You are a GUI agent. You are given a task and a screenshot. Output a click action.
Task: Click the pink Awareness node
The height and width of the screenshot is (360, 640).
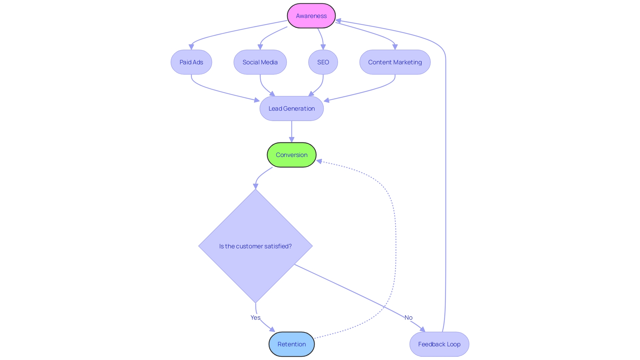click(311, 16)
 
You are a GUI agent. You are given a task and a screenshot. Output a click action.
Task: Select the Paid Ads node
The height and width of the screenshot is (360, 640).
click(191, 62)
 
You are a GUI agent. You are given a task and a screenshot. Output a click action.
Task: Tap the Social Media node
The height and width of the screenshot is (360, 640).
click(260, 62)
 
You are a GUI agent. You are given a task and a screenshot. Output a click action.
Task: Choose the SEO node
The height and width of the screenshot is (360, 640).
click(323, 62)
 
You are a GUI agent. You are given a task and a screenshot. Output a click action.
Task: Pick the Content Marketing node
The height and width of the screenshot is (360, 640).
click(395, 62)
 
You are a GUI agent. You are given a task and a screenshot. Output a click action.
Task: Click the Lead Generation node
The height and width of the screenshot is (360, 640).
click(291, 108)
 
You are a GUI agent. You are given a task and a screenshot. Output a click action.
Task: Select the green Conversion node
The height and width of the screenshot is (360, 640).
click(291, 155)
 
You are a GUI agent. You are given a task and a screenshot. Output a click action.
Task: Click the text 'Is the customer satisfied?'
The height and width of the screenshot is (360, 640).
click(255, 246)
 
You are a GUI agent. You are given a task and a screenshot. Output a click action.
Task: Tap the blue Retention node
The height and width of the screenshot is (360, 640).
click(291, 344)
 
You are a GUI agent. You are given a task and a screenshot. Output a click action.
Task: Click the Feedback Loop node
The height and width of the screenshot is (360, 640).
click(439, 344)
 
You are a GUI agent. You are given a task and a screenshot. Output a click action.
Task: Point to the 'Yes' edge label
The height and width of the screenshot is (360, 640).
click(255, 317)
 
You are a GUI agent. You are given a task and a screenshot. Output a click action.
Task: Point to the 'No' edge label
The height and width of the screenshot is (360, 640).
click(408, 317)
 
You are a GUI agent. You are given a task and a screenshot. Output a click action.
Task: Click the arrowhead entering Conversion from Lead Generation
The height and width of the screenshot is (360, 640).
click(292, 140)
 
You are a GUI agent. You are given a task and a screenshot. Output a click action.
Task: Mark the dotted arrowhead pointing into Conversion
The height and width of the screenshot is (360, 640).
click(319, 161)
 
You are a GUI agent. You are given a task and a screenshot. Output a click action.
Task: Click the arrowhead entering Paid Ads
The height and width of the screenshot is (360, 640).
click(191, 47)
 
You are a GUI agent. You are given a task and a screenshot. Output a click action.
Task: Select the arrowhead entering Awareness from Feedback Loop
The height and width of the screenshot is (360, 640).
click(339, 21)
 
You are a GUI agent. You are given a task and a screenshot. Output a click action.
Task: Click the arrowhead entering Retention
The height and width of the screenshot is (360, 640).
click(272, 329)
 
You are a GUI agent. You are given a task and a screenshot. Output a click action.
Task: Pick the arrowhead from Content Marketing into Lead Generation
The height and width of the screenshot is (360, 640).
click(327, 100)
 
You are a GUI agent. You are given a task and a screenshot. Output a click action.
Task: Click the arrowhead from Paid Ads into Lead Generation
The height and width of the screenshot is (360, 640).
click(256, 100)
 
